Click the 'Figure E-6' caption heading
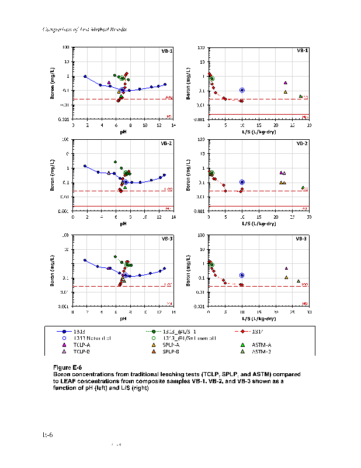pyautogui.click(x=68, y=367)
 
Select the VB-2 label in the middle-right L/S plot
pyautogui.click(x=302, y=143)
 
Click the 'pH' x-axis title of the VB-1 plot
pyautogui.click(x=123, y=132)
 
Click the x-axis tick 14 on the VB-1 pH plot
pyautogui.click(x=173, y=125)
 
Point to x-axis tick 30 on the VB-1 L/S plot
pyautogui.click(x=309, y=125)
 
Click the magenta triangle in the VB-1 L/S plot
pyautogui.click(x=286, y=83)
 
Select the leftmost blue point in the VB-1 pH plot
pyautogui.click(x=85, y=76)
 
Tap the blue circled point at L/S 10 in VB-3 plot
pyautogui.click(x=242, y=275)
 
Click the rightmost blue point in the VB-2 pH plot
pyautogui.click(x=165, y=175)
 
